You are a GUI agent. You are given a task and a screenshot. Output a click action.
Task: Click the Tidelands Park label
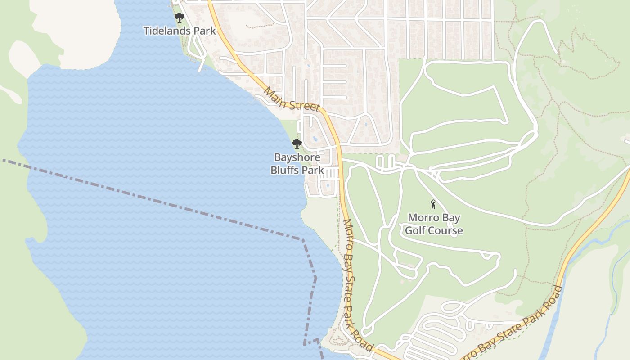point(180,31)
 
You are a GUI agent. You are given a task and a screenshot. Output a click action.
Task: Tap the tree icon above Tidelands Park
point(180,18)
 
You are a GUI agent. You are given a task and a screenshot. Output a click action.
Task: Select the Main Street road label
point(291,99)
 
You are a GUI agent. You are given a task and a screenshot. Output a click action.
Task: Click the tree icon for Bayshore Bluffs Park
point(297,144)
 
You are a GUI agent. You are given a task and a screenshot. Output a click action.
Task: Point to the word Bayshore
point(297,157)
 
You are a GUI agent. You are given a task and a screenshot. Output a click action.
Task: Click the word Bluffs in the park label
point(285,170)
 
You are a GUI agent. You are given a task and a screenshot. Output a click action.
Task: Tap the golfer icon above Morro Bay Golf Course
point(433,204)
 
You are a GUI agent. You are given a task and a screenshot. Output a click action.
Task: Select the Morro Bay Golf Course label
point(434,224)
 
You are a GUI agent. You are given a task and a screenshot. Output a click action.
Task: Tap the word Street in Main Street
point(304,105)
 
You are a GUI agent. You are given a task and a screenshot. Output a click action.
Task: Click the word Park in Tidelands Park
point(205,31)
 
